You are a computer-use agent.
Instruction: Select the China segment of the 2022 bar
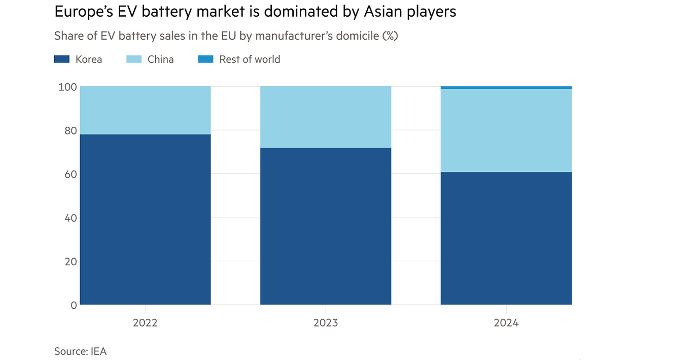[146, 110]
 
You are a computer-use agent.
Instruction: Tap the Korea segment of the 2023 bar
[326, 226]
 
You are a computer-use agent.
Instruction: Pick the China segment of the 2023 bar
[326, 117]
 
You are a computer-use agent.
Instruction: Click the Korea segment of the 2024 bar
[506, 238]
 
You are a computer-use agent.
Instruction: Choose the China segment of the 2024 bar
[506, 130]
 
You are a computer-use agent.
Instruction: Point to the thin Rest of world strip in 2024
[506, 88]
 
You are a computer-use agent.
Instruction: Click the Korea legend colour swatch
[61, 59]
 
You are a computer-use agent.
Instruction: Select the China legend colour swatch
[134, 59]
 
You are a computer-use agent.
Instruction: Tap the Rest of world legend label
[250, 59]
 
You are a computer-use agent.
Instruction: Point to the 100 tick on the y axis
[67, 87]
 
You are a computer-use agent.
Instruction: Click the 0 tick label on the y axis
[73, 305]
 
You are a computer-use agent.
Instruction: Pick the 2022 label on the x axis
[146, 323]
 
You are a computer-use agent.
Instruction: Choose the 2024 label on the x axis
[506, 323]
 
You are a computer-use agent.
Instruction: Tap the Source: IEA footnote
[80, 351]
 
